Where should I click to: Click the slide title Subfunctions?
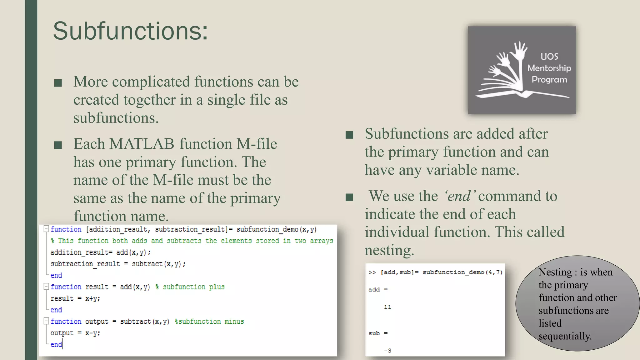point(130,31)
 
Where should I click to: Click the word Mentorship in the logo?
point(549,68)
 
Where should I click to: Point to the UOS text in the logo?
point(549,57)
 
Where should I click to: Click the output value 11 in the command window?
point(387,307)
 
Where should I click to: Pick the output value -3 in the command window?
point(387,351)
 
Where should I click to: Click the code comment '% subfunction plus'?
point(190,287)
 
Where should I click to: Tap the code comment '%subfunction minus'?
point(209,322)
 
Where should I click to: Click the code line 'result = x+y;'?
point(75,298)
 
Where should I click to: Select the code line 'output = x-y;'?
point(75,333)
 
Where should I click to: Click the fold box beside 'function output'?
point(46,321)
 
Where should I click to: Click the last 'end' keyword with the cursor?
point(56,344)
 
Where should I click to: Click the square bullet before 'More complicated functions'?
point(58,83)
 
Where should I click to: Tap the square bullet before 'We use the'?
point(349,197)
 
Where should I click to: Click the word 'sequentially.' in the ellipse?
point(565,336)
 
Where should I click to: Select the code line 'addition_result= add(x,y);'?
point(100,252)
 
